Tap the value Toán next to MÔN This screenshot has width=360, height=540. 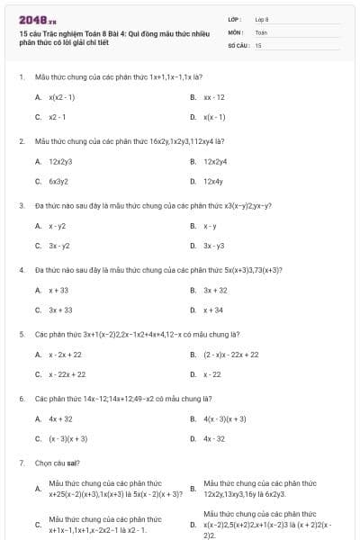[261, 31]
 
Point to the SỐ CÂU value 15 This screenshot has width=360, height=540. [258, 44]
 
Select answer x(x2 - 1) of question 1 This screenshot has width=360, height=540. [62, 96]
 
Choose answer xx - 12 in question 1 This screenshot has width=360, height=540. [214, 96]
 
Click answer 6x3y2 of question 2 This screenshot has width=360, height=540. [58, 181]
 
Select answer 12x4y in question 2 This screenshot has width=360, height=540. [213, 181]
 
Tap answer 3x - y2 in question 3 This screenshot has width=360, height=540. [59, 246]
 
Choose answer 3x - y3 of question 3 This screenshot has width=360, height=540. [214, 246]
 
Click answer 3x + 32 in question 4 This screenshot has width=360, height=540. [215, 291]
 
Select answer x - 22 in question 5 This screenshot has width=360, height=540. [212, 374]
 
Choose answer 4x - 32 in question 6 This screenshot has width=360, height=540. [214, 438]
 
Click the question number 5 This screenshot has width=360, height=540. [21, 334]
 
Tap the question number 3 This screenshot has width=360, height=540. [21, 205]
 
